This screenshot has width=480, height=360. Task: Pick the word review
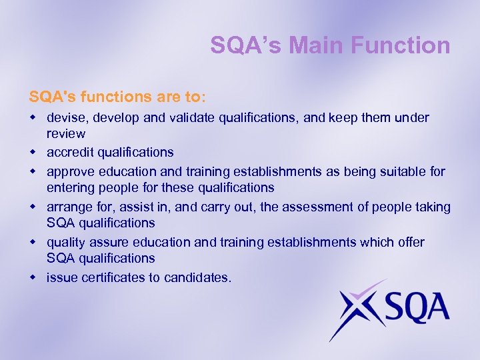coord(66,134)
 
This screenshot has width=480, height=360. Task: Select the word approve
coord(69,171)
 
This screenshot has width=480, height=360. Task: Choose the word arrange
coord(68,207)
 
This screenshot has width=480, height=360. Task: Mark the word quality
coord(65,242)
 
